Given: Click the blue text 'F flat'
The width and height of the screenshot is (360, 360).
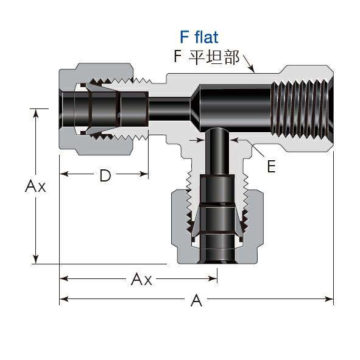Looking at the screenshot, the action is coord(199,37).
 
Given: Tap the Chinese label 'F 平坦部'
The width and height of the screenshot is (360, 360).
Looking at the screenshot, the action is coord(207,57).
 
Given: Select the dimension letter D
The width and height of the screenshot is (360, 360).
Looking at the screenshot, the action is coord(105,175).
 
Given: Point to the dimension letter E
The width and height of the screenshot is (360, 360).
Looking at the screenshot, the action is coord(272,166).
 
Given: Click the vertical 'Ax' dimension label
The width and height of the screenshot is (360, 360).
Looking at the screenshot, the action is coord(35,186).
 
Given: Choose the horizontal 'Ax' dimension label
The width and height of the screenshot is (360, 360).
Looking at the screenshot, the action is coord(141,279).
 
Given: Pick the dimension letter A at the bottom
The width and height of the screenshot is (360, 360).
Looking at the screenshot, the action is coord(196,300).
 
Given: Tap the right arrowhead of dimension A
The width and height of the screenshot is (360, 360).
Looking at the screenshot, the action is coord(329,299).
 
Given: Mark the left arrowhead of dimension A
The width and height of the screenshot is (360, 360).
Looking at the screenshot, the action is coord(64,299).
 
